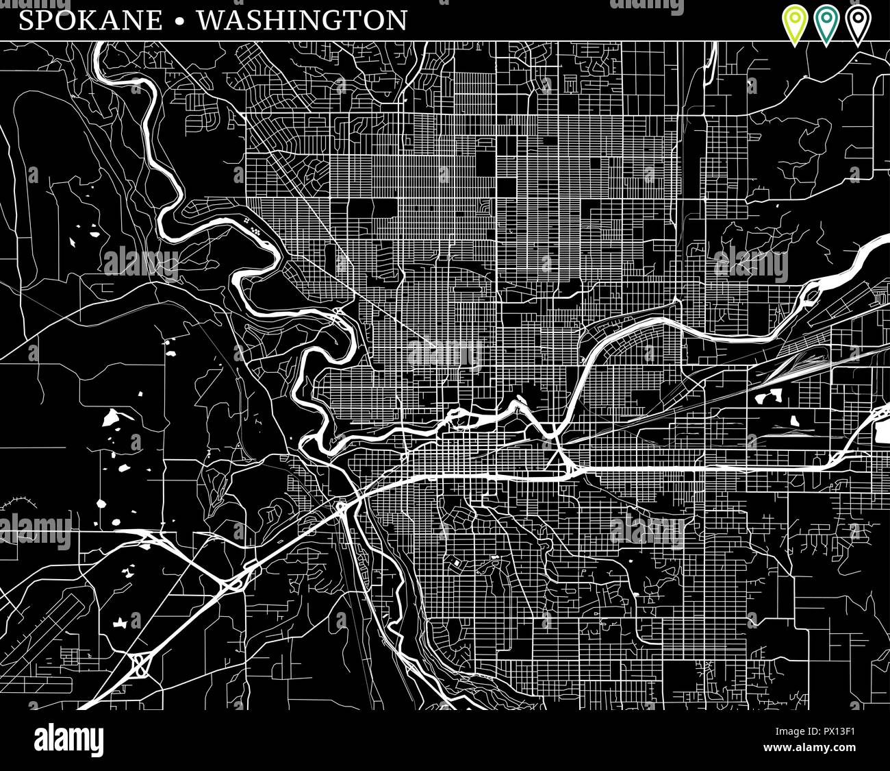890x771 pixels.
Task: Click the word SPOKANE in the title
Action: click(91, 20)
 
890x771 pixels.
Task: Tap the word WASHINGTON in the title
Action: click(302, 20)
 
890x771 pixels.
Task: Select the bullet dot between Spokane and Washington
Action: click(179, 21)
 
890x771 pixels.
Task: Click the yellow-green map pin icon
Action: click(795, 23)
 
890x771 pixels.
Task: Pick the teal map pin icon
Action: click(826, 23)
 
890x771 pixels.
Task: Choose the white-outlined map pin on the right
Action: click(857, 23)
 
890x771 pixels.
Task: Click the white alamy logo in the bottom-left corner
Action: click(68, 740)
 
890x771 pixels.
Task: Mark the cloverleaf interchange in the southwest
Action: click(141, 663)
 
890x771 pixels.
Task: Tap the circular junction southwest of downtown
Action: click(341, 506)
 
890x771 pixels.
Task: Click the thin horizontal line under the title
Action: click(445, 41)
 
